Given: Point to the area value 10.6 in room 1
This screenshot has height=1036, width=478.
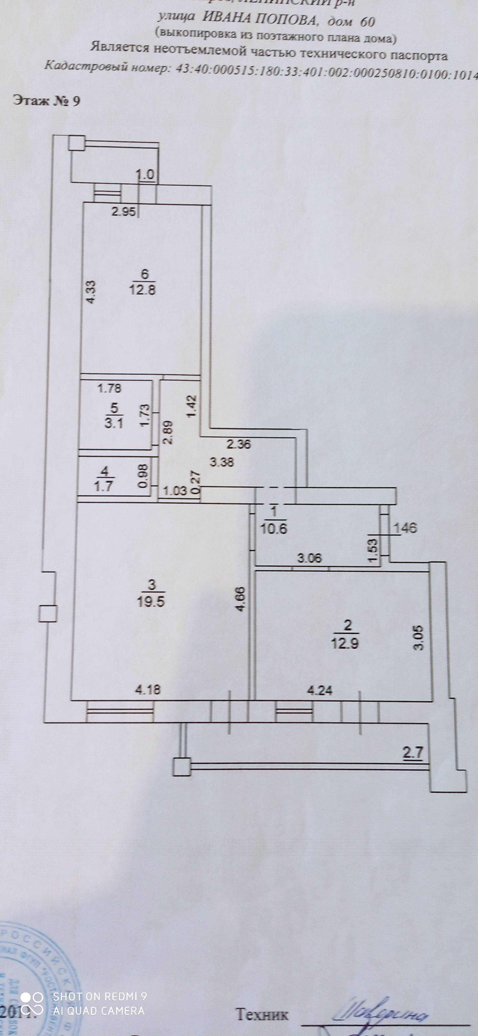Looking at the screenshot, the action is pos(274,528).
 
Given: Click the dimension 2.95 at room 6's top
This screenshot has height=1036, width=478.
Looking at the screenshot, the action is pos(124,211).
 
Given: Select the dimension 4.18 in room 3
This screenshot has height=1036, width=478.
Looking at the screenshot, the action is pos(148,690).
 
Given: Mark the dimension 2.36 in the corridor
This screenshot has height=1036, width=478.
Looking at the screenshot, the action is pos(239,444).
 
